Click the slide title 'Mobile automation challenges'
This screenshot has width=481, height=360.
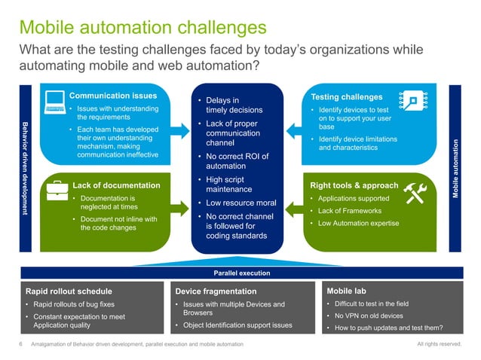[142, 27]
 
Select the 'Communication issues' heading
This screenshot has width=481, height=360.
[113, 96]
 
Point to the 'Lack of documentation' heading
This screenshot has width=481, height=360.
[116, 185]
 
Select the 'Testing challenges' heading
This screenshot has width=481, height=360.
[346, 97]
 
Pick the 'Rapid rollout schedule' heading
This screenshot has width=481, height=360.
[69, 291]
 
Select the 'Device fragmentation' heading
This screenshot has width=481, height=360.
[216, 291]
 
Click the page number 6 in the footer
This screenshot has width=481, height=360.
[20, 344]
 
